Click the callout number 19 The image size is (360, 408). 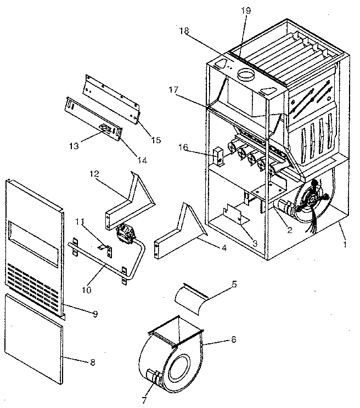click(244, 10)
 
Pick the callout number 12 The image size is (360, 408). click(96, 174)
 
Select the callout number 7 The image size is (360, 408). click(143, 400)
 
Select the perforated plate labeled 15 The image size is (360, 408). click(113, 94)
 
